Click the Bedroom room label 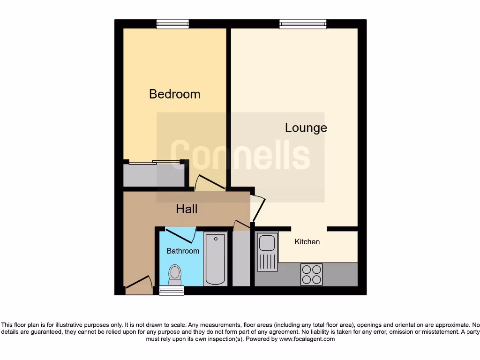pyautogui.click(x=174, y=94)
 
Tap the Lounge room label pyautogui.click(x=306, y=127)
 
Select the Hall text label pyautogui.click(x=187, y=209)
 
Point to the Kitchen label pyautogui.click(x=307, y=242)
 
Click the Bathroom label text pyautogui.click(x=183, y=251)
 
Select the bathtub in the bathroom pyautogui.click(x=215, y=259)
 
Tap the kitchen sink pyautogui.click(x=266, y=252)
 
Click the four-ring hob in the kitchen pyautogui.click(x=311, y=274)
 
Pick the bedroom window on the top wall pyautogui.click(x=172, y=24)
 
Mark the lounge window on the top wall pyautogui.click(x=303, y=24)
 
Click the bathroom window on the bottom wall pyautogui.click(x=172, y=291)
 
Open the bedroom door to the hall pyautogui.click(x=210, y=182)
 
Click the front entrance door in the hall pyautogui.click(x=139, y=283)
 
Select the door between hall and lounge pyautogui.click(x=258, y=207)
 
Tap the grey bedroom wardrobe pyautogui.click(x=154, y=175)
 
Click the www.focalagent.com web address pyautogui.click(x=307, y=339)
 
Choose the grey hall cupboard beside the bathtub pyautogui.click(x=241, y=258)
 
